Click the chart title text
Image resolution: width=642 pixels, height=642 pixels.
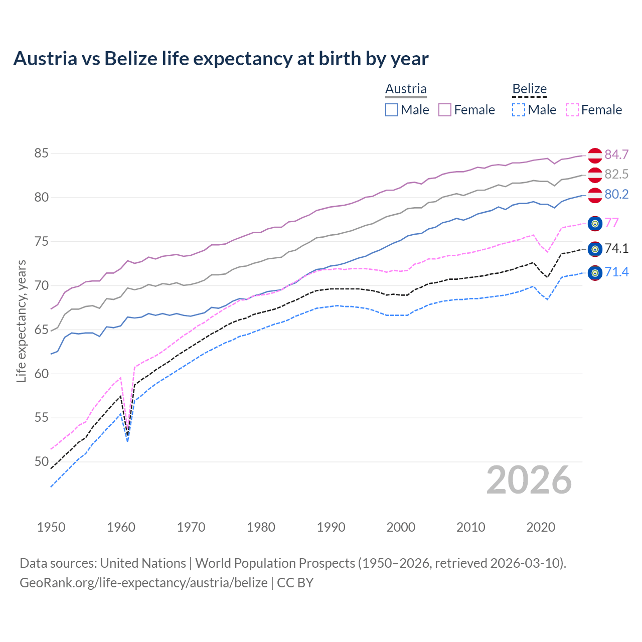click(x=221, y=59)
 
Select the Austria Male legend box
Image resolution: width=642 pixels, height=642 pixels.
click(x=392, y=110)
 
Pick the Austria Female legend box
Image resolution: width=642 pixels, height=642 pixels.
click(x=445, y=110)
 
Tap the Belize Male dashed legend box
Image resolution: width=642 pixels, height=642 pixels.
click(x=519, y=110)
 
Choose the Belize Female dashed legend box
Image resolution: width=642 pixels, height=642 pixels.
click(x=572, y=110)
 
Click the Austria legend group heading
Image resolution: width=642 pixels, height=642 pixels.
click(x=406, y=89)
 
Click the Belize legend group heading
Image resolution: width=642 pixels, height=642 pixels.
click(x=529, y=89)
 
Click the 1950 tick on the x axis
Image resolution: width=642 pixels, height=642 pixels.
click(x=51, y=527)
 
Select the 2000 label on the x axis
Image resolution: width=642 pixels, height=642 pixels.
click(x=401, y=527)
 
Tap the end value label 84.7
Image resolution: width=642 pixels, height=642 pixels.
click(x=616, y=154)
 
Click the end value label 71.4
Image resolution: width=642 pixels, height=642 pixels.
click(x=616, y=272)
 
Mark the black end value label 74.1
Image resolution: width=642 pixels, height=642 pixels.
click(x=616, y=248)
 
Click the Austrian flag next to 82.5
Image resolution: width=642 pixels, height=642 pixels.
click(x=595, y=175)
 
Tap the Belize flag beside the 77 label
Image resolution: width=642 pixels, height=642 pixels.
click(x=595, y=224)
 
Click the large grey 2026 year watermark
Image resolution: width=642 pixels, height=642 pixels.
click(x=529, y=480)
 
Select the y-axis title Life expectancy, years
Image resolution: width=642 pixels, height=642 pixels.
click(x=21, y=321)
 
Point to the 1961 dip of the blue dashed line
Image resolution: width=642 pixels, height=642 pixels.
click(x=128, y=441)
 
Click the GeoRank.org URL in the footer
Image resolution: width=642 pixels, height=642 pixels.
click(x=143, y=583)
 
